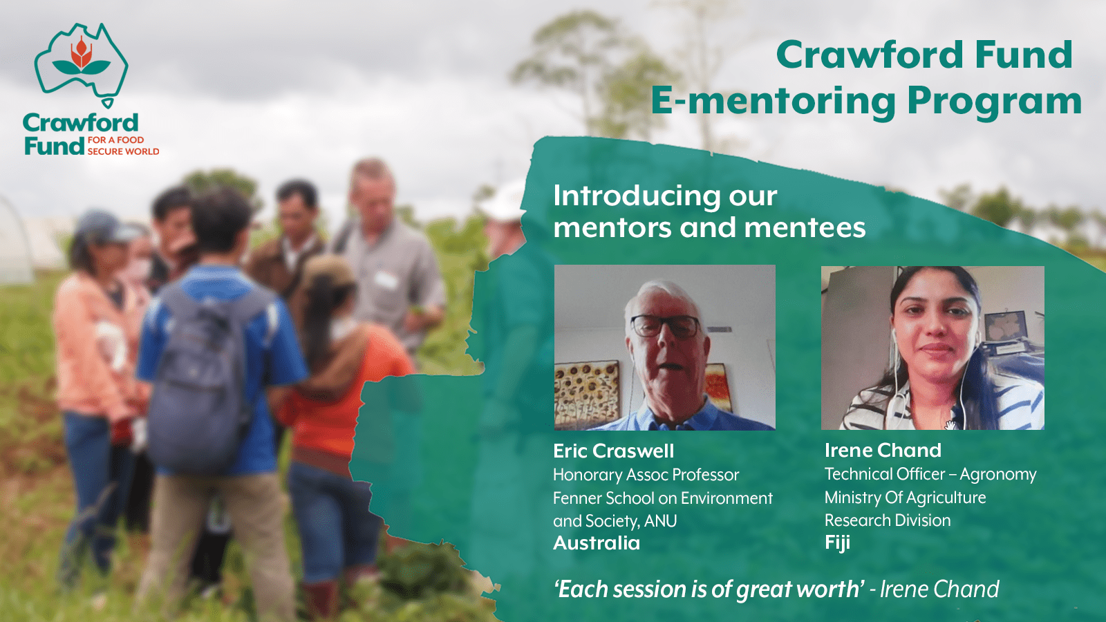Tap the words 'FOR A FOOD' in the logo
[x=116, y=140]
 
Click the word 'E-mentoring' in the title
[x=774, y=101]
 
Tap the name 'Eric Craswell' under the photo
[x=613, y=451]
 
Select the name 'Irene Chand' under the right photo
[x=883, y=450]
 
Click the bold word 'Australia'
[x=597, y=543]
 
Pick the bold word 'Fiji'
[x=837, y=543]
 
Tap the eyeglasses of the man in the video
[x=665, y=326]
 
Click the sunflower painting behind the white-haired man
[x=587, y=394]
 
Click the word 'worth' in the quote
[x=827, y=590]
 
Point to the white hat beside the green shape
[x=503, y=200]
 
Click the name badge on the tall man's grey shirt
[x=386, y=280]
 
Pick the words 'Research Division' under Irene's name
[x=888, y=520]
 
